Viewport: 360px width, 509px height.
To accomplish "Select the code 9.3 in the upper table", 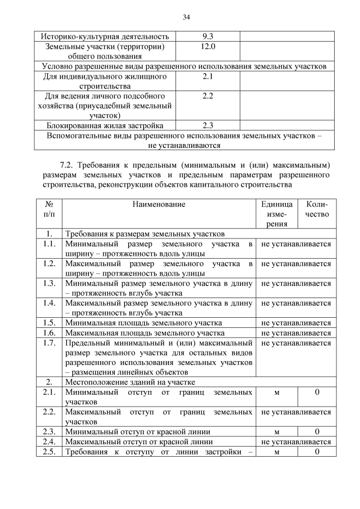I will coord(207,37).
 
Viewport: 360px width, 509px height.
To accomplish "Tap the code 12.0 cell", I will coord(207,46).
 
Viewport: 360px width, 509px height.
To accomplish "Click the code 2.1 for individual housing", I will coord(207,76).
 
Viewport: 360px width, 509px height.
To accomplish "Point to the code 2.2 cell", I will coord(207,96).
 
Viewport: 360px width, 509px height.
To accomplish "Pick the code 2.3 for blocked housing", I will coord(207,125).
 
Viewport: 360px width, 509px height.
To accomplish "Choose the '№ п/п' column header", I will coord(49,209).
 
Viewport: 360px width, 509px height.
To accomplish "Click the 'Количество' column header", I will coord(317,209).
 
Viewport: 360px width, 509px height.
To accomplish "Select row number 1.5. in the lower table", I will coord(49,322).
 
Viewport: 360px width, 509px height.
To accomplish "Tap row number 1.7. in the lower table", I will coord(49,343).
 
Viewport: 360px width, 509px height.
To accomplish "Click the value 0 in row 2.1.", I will coord(317,391).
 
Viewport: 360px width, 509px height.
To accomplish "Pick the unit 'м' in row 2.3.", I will coord(276,431).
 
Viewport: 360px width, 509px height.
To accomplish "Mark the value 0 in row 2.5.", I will coord(317,452).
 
